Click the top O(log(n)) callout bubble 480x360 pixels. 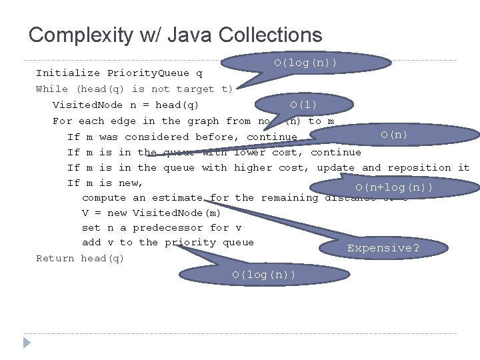tap(305, 63)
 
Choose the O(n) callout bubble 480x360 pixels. tap(394, 135)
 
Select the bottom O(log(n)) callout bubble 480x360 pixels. tap(265, 275)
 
